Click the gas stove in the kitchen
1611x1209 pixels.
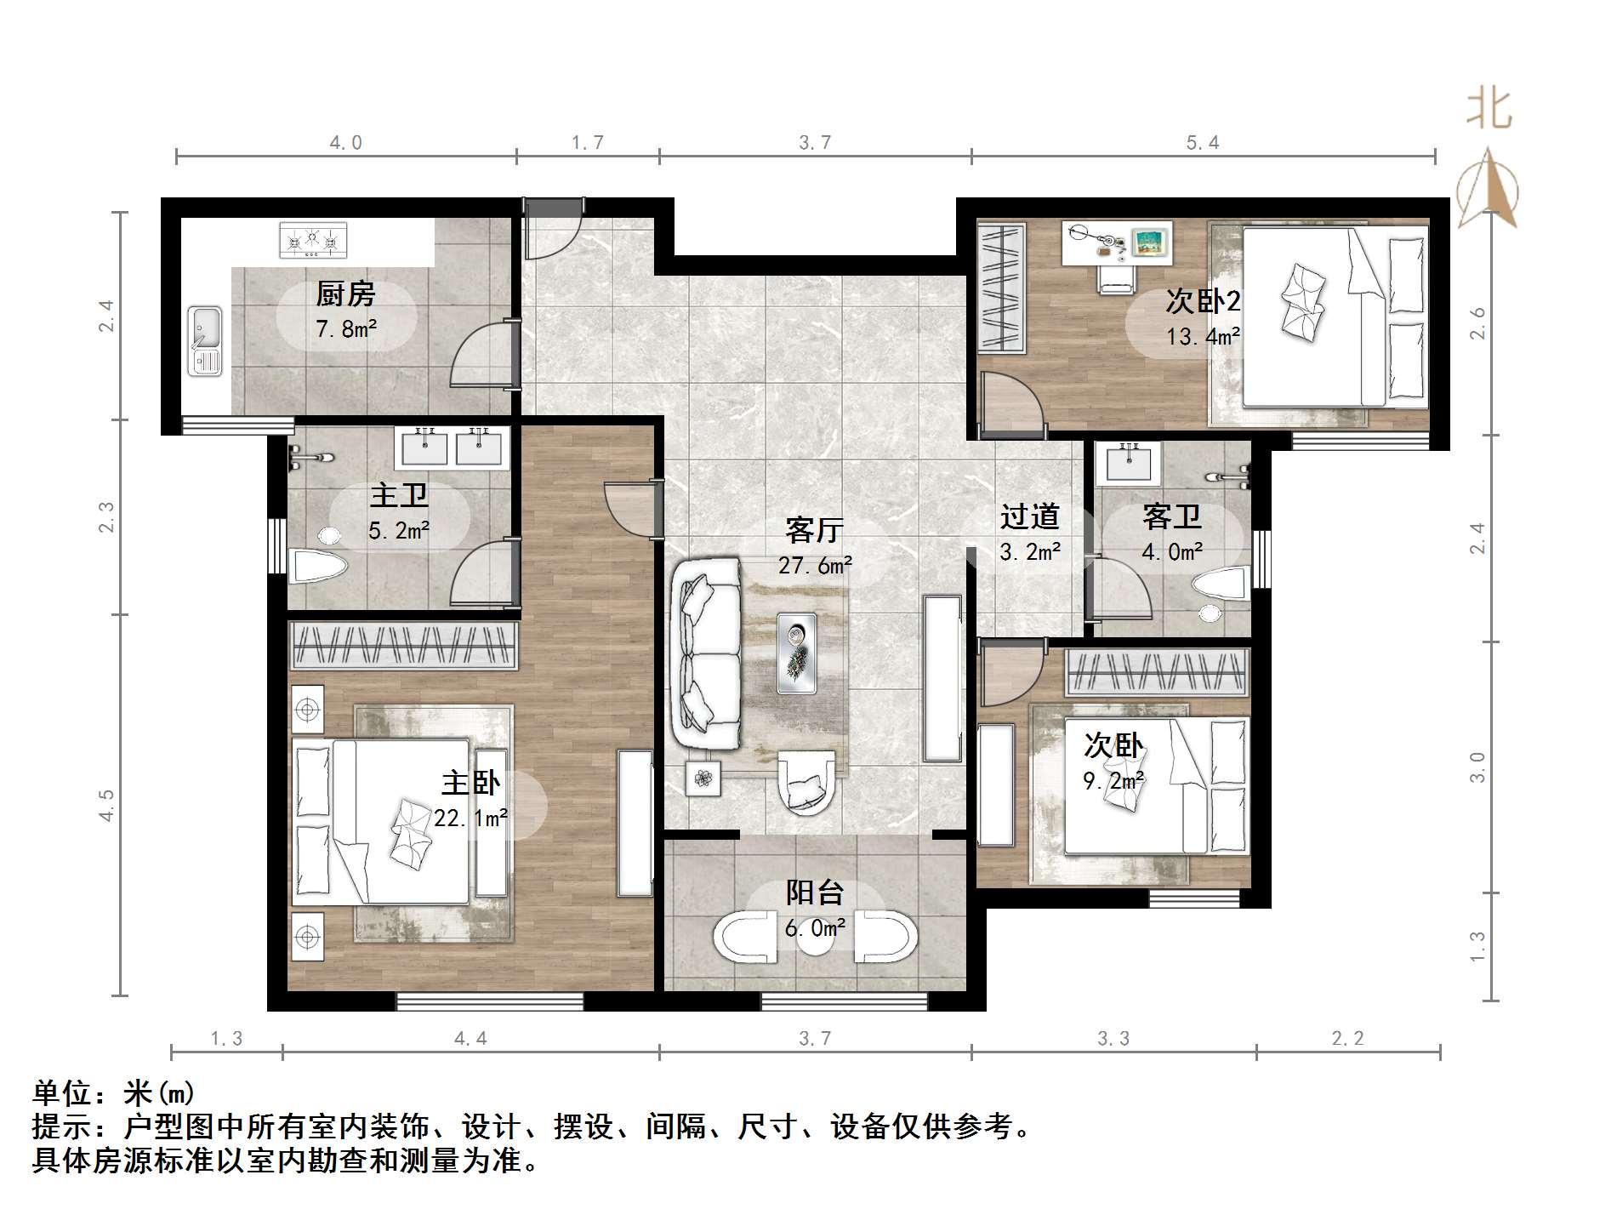[x=313, y=240]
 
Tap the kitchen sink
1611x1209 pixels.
[x=205, y=341]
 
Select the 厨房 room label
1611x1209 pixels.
[x=345, y=294]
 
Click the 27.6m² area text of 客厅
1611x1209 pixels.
[x=815, y=565]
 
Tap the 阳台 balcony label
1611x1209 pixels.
[x=814, y=892]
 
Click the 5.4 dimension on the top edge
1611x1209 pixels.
[x=1203, y=143]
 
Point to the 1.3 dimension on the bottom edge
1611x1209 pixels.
[x=226, y=1039]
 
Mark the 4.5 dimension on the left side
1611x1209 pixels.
[x=105, y=805]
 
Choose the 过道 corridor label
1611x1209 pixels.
[x=1029, y=516]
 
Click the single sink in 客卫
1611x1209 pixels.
[x=1128, y=463]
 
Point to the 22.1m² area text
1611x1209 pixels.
[x=470, y=818]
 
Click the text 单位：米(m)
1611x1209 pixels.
[x=114, y=1092]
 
